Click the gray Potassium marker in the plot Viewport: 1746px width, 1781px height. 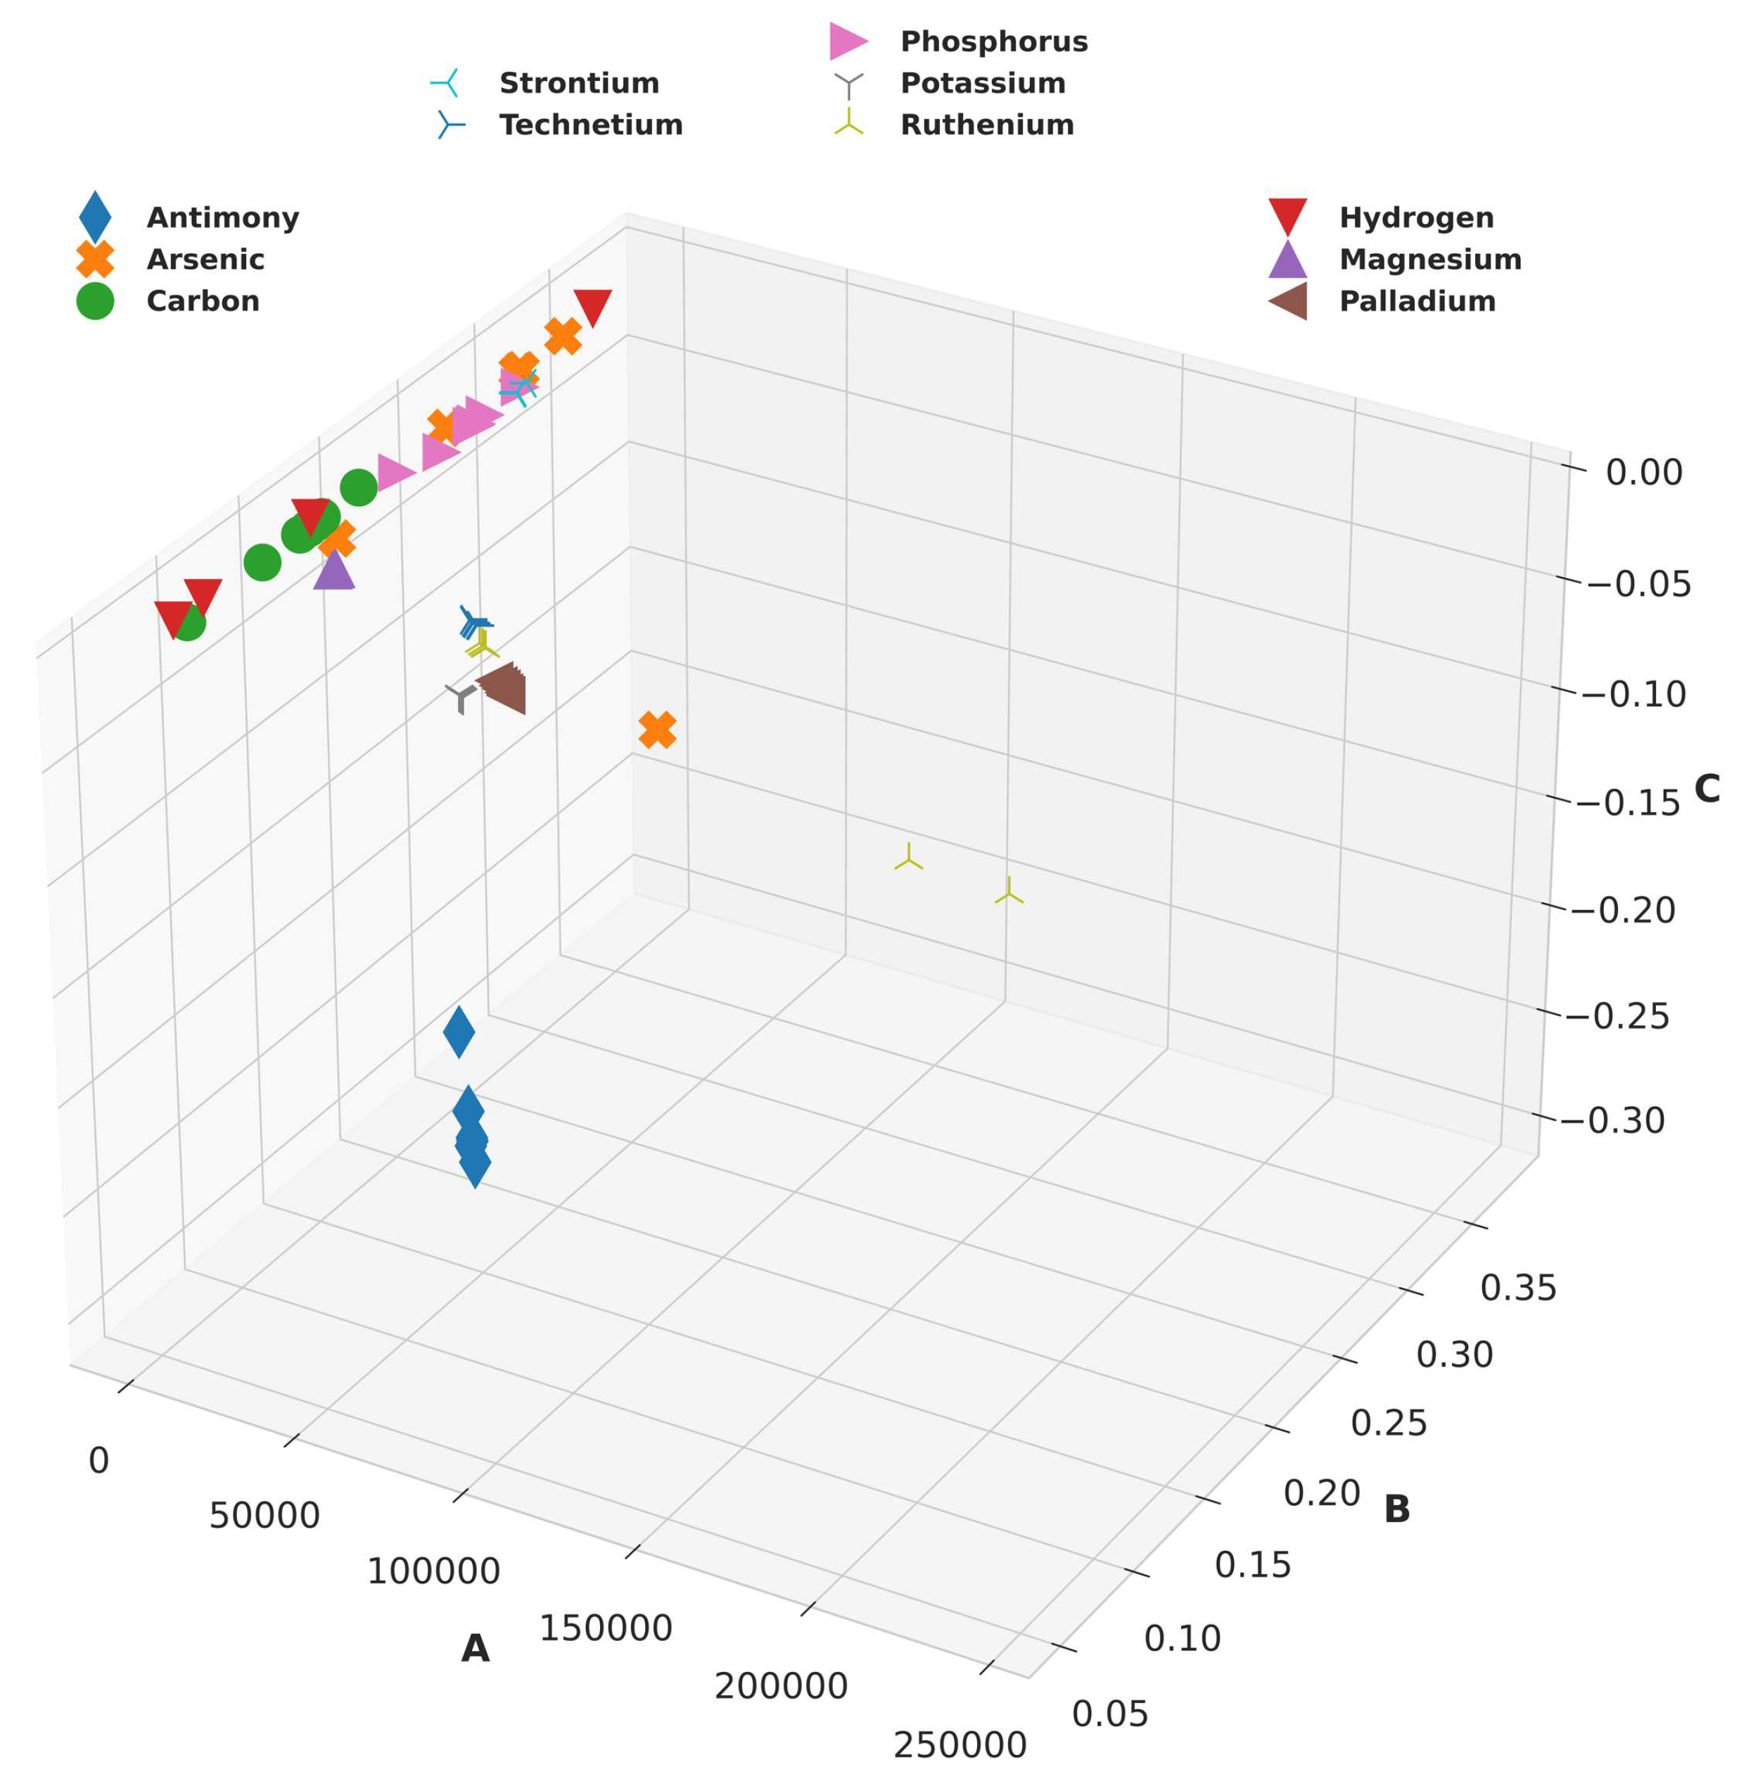pyautogui.click(x=460, y=697)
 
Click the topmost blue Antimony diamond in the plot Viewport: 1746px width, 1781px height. pyautogui.click(x=459, y=1032)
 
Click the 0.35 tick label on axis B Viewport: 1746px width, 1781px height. pyautogui.click(x=1517, y=1288)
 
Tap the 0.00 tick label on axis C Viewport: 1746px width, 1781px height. pyautogui.click(x=1643, y=474)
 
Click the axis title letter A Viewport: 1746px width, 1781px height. pyautogui.click(x=475, y=1648)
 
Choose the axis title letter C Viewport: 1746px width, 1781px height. pyautogui.click(x=1707, y=789)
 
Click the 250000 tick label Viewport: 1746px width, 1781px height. pyautogui.click(x=960, y=1744)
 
